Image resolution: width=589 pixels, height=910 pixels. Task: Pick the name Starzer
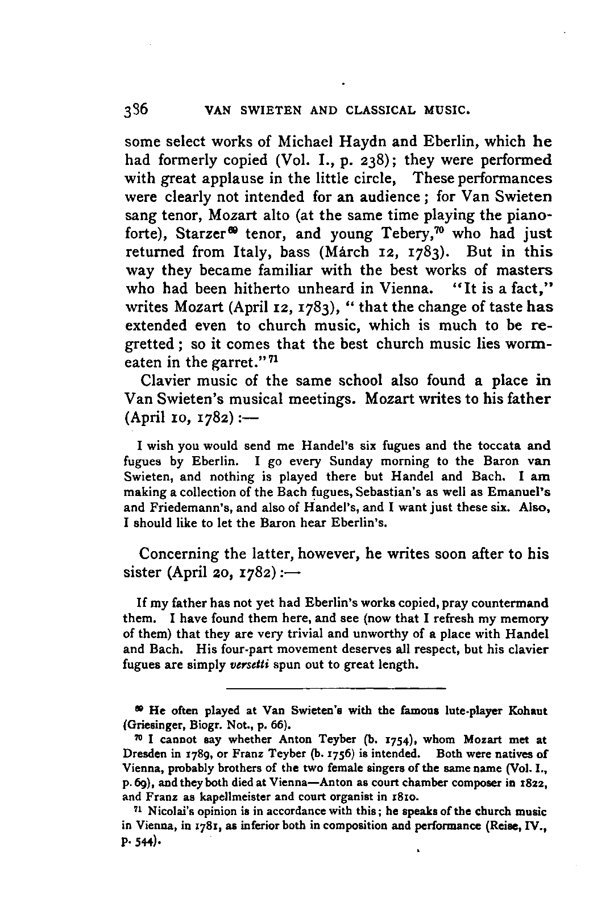tap(197, 234)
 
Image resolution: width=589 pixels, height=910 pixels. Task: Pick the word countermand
tap(515, 603)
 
